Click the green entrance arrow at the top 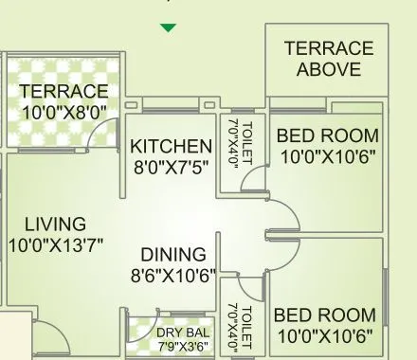168,28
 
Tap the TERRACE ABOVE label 328,59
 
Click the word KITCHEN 171,147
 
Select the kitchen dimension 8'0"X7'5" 171,168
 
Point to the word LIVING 55,225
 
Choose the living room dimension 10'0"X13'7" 55,245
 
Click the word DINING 173,255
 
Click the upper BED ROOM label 327,136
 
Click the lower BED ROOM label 324,315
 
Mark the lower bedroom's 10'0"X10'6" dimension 324,336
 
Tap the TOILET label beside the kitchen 246,143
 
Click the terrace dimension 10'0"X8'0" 63,112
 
